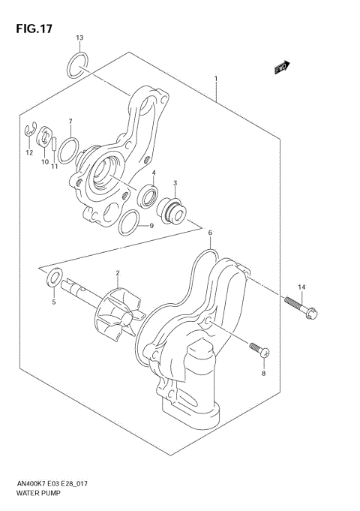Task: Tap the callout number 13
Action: tap(79, 38)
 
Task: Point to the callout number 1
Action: tap(216, 78)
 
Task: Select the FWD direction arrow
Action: tap(281, 70)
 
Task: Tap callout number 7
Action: tap(70, 122)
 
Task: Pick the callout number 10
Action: tap(44, 161)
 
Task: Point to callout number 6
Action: tap(211, 233)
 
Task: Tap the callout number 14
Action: tap(301, 287)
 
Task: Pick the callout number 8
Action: tap(263, 373)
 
